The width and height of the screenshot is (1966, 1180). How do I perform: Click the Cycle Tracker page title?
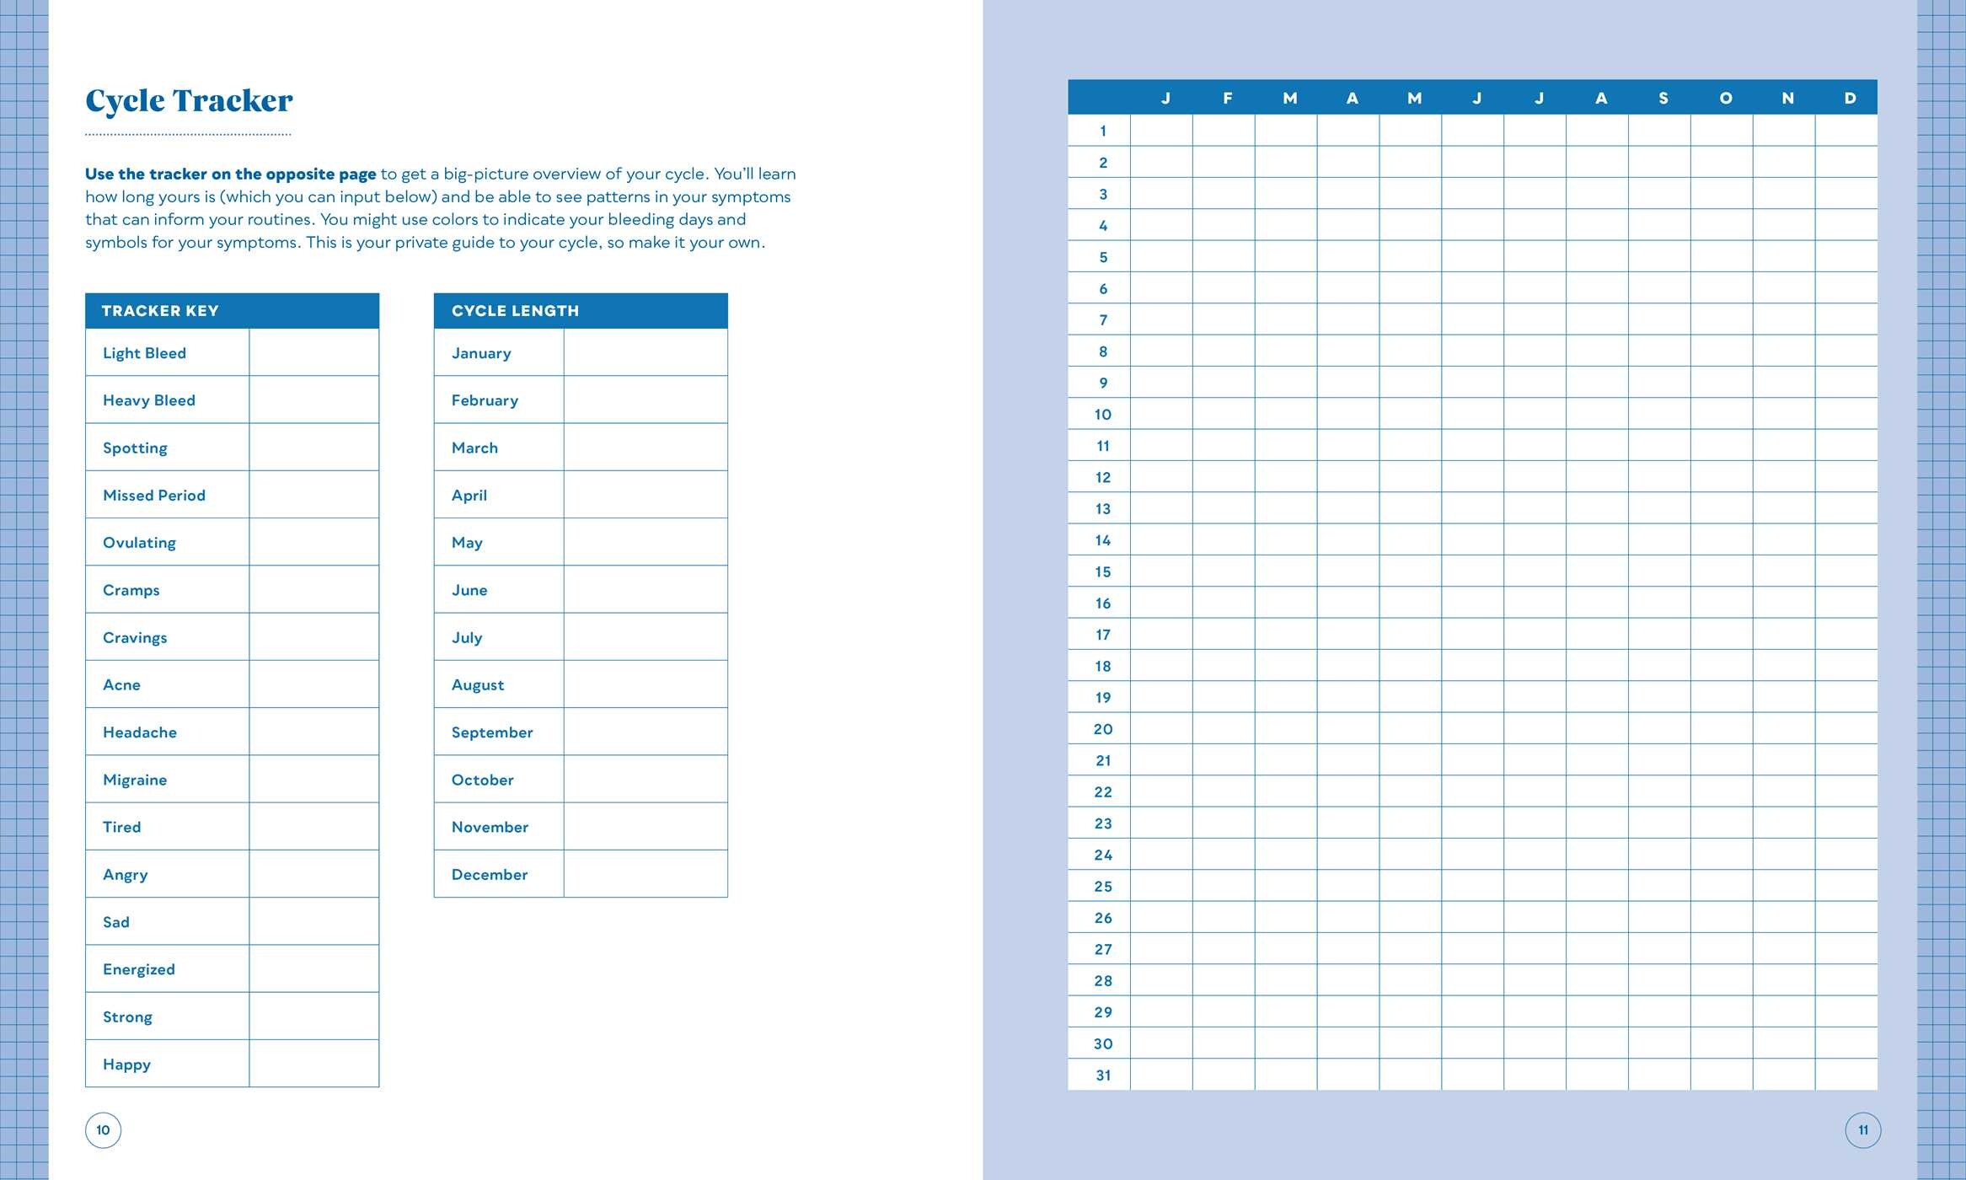click(x=189, y=101)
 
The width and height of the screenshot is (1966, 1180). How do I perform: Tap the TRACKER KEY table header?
click(x=160, y=311)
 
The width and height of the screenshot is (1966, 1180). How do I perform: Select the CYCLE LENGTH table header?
click(x=515, y=311)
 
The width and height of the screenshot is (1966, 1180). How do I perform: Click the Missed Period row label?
click(x=154, y=496)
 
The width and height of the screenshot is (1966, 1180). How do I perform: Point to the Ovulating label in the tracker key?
click(x=139, y=543)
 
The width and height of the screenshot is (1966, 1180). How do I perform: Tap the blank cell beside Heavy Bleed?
click(x=313, y=400)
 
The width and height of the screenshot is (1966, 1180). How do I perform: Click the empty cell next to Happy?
click(x=313, y=1064)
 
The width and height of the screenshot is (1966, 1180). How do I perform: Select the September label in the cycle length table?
click(x=492, y=732)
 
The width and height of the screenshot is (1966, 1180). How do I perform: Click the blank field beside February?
click(x=645, y=400)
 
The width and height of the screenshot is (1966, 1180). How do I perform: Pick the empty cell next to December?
click(x=645, y=874)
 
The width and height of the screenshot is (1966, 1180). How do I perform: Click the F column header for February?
click(x=1227, y=99)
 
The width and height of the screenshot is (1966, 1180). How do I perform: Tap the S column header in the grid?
click(x=1663, y=99)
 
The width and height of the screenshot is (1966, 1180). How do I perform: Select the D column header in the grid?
click(x=1850, y=99)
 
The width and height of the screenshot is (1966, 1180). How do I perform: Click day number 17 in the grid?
click(x=1102, y=635)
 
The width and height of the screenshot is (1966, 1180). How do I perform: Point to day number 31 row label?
click(x=1102, y=1075)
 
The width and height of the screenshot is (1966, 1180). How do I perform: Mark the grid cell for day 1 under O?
click(x=1722, y=131)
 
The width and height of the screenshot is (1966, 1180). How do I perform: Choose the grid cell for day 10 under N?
click(x=1784, y=414)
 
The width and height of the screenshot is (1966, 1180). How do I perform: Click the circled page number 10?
click(x=103, y=1130)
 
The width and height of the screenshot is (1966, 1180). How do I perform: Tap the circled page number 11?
click(x=1862, y=1130)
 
